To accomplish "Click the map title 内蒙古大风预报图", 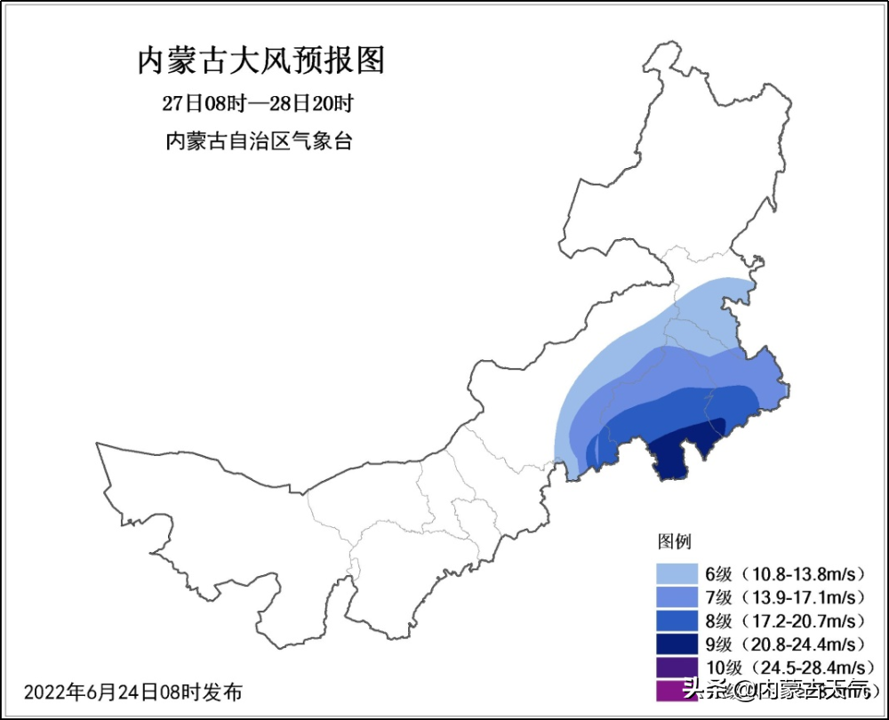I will [260, 61].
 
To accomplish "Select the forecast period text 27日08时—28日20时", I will [258, 103].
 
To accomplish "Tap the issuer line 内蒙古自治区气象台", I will [259, 140].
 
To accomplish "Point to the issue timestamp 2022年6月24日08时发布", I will [132, 692].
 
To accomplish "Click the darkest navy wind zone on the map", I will [676, 453].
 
